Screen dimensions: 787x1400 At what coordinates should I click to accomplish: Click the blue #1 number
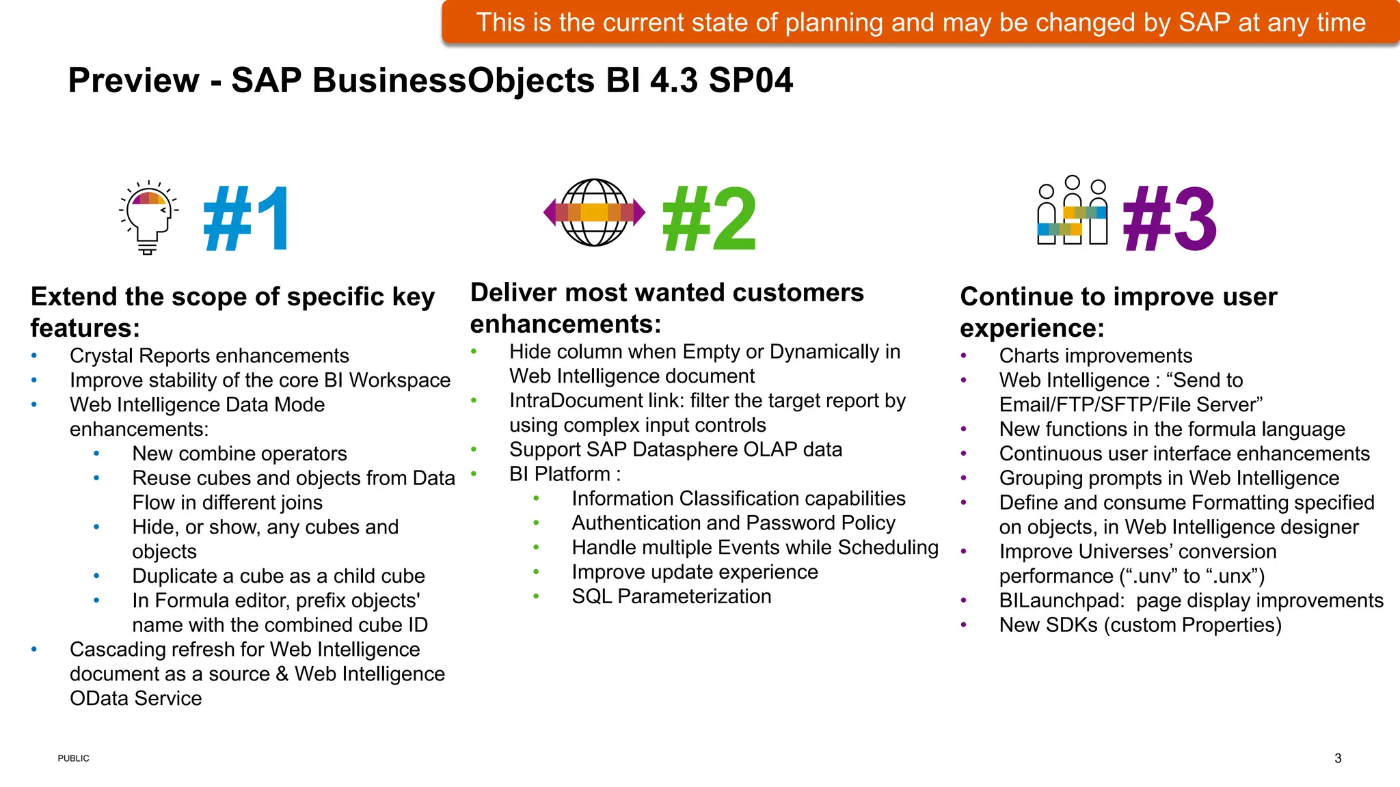(x=247, y=219)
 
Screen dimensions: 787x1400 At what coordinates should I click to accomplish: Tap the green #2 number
(x=709, y=219)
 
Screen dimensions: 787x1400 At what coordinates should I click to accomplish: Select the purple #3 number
(x=1170, y=219)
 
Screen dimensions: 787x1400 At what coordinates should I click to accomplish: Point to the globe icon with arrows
(x=594, y=212)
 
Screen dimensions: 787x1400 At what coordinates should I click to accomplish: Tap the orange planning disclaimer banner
(x=920, y=23)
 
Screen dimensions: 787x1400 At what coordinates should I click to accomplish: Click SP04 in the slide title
(x=751, y=81)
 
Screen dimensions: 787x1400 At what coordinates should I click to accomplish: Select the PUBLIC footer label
(x=73, y=758)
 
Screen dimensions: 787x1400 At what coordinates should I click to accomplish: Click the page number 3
(x=1338, y=758)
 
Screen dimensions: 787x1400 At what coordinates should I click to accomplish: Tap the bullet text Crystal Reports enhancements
(x=209, y=356)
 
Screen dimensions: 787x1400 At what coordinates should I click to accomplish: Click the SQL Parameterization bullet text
(x=671, y=596)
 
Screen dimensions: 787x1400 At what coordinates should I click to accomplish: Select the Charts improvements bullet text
(x=1095, y=356)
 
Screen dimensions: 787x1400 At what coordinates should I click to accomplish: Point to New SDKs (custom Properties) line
(x=1140, y=625)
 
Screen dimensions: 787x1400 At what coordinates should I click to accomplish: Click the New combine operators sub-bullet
(x=239, y=454)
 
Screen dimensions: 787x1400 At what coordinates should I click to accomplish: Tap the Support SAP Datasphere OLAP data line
(x=675, y=450)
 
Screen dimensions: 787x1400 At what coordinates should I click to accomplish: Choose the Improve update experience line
(x=695, y=572)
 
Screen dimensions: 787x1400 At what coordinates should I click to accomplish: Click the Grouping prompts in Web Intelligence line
(x=1169, y=478)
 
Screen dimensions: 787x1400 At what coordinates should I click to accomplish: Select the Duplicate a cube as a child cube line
(x=278, y=576)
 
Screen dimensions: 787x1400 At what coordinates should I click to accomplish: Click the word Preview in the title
(x=133, y=81)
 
